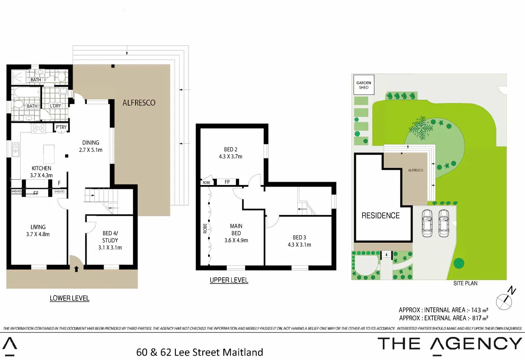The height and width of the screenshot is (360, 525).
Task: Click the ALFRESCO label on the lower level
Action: coord(139,103)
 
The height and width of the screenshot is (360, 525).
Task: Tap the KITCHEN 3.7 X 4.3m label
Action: coord(41,172)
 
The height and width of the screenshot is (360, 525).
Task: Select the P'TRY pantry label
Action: coord(61,127)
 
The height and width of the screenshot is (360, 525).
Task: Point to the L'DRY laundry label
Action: coord(56,106)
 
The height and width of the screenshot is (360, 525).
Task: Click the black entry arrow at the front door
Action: coord(76,269)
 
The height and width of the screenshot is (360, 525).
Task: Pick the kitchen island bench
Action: coord(49,154)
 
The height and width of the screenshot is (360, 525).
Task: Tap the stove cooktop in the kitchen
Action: coord(38,128)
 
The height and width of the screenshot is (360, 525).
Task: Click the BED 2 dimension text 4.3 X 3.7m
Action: coord(231,156)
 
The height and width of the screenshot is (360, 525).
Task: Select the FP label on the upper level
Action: coord(227,182)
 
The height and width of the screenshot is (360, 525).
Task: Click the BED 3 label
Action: coord(299,237)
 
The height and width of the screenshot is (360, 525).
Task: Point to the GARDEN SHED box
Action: coord(363,85)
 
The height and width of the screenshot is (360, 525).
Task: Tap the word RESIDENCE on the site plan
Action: coord(380,216)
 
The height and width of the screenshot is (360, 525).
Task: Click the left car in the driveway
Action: coord(427,223)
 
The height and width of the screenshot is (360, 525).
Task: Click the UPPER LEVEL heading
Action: coord(229,280)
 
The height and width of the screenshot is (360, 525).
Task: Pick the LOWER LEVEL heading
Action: coord(69,298)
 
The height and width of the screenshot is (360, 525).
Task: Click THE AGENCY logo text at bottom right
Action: coord(450,344)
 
